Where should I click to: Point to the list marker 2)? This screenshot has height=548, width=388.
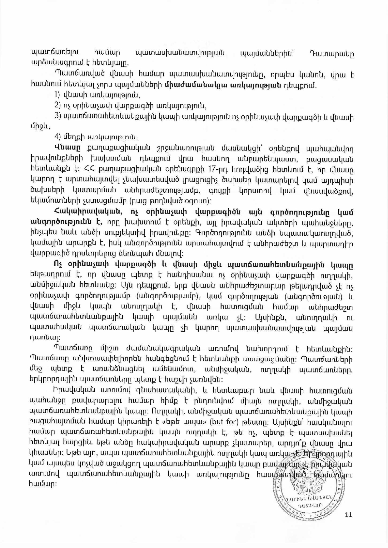point(58,106)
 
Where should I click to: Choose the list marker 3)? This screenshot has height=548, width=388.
point(58,116)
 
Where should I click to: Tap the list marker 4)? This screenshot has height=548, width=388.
point(58,137)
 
